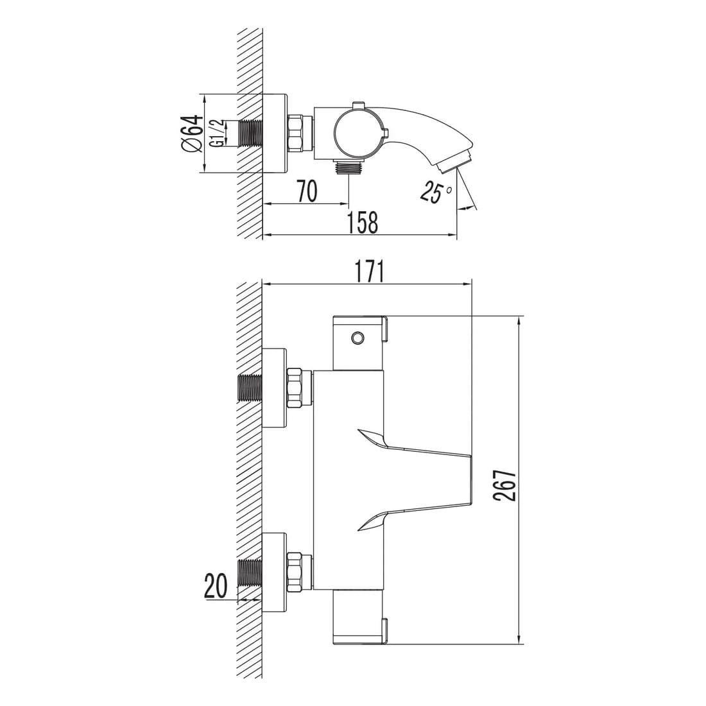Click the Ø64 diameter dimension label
pos(193,133)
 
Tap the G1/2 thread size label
pos(217,133)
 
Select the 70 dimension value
pos(307,191)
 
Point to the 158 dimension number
pos(363,223)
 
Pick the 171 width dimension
pos(369,272)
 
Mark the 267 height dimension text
pos(504,485)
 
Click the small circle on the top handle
pos(358,337)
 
